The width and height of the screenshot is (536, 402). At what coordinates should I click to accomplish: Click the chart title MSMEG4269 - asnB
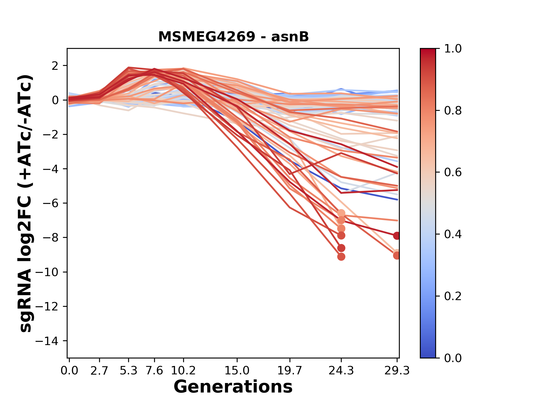[233, 37]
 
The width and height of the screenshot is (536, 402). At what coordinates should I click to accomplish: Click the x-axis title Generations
[233, 387]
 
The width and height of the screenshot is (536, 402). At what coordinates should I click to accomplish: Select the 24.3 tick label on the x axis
[341, 371]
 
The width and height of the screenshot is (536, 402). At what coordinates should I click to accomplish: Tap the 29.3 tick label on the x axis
[397, 371]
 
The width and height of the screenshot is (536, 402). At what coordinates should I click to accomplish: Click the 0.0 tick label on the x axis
[70, 371]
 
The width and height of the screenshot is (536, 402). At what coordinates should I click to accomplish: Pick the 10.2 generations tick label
[183, 371]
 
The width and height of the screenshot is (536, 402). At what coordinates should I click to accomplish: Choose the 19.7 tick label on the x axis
[290, 371]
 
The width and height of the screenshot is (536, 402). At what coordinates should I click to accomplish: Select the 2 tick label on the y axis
[55, 66]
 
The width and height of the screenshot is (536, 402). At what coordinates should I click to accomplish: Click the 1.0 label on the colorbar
[453, 49]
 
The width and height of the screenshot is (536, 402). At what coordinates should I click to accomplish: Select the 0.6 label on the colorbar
[453, 172]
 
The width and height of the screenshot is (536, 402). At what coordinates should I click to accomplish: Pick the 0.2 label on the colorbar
[453, 296]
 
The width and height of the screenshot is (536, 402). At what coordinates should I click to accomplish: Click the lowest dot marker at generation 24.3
[341, 257]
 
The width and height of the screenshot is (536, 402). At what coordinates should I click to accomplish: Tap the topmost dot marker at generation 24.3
[341, 214]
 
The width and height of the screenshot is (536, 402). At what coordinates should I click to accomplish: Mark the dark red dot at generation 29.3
[397, 236]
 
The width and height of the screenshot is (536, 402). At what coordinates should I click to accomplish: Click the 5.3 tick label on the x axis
[128, 371]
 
